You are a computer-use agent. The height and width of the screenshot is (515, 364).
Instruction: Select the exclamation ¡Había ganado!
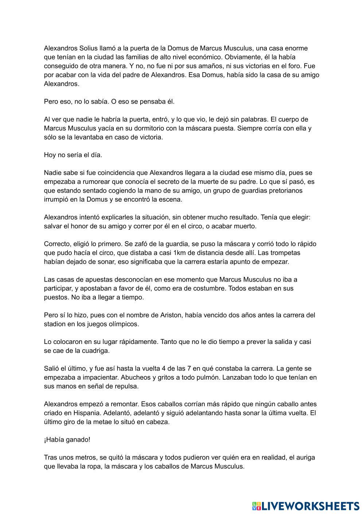click(67, 440)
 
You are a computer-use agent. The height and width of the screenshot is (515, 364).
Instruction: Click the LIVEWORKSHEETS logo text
click(310, 506)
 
